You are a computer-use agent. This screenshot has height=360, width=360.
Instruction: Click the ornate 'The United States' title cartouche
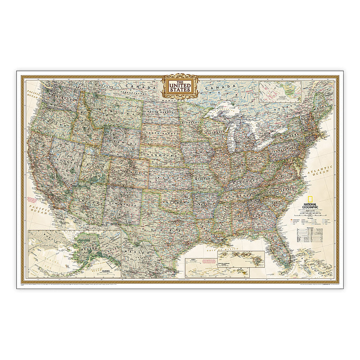(x=180, y=86)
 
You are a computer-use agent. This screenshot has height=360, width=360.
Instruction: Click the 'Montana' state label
(x=105, y=108)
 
